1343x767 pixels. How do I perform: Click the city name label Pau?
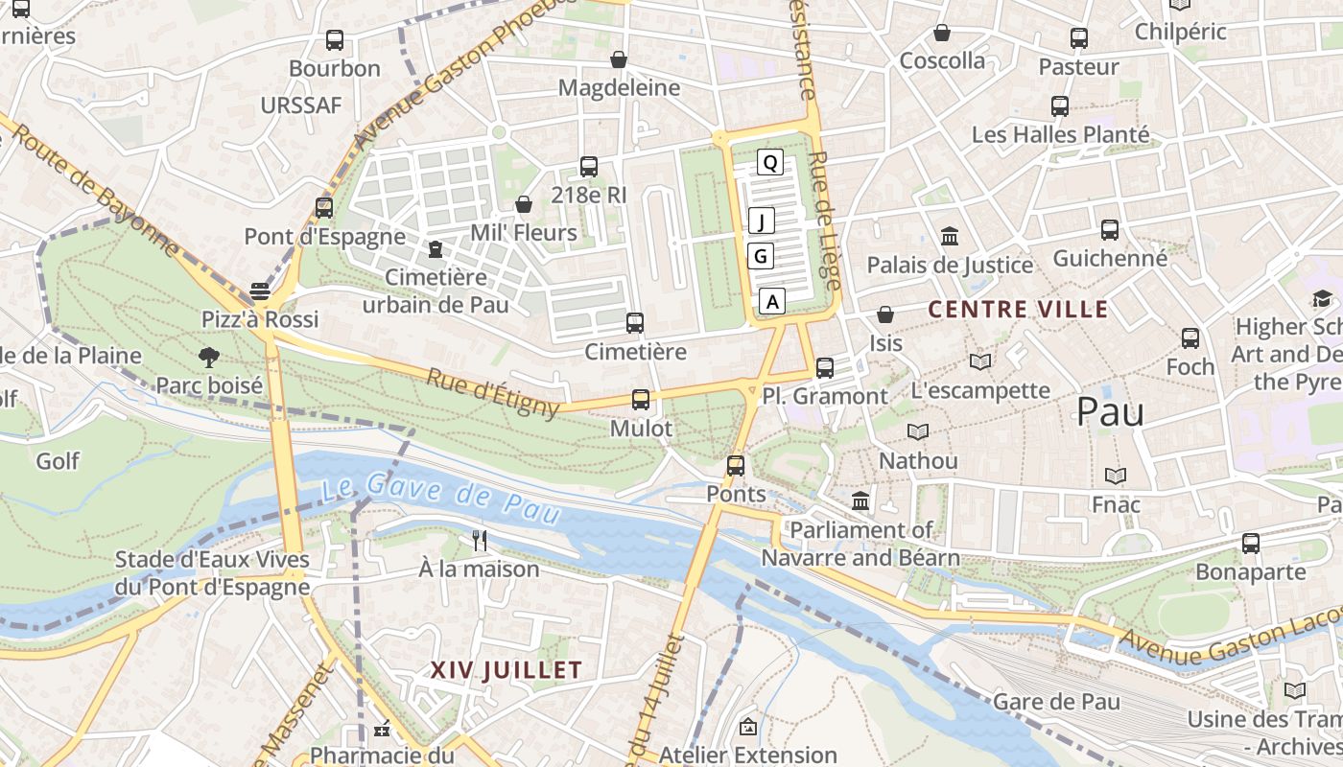click(1110, 411)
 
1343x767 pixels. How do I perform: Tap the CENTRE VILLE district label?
click(1019, 310)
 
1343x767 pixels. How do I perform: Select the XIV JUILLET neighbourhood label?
click(507, 670)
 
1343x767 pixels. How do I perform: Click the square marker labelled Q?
click(769, 162)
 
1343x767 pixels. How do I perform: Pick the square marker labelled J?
click(762, 221)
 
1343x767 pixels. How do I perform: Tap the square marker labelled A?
click(773, 301)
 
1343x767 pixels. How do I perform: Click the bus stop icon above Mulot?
click(641, 400)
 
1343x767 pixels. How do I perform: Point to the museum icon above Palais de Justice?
click(950, 236)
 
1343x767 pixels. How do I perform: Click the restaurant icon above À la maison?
click(480, 541)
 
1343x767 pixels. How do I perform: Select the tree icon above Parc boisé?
click(208, 358)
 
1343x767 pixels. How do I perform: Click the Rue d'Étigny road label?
click(492, 393)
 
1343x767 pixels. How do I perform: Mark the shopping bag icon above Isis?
click(885, 314)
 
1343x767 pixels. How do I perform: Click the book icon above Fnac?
click(1115, 476)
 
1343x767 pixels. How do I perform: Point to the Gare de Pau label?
click(1056, 702)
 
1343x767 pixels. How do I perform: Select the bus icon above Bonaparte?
click(1251, 544)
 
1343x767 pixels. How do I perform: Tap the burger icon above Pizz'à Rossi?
click(260, 291)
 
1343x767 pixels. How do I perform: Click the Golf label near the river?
click(58, 461)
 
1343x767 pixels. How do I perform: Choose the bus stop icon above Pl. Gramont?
click(824, 367)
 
